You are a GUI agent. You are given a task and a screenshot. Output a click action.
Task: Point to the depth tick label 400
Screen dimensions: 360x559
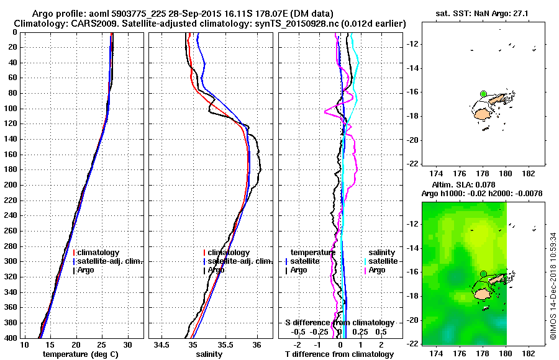click(11, 338)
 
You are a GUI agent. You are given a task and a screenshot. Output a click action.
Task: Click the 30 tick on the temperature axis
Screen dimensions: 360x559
click(127, 344)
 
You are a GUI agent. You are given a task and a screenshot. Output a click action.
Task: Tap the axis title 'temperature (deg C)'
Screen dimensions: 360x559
click(77, 354)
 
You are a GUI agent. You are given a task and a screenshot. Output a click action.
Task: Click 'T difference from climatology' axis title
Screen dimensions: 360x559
click(339, 354)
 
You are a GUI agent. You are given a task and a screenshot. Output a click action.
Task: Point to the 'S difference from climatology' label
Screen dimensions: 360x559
click(339, 323)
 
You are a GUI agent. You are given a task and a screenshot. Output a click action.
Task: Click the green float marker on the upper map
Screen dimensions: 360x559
click(483, 94)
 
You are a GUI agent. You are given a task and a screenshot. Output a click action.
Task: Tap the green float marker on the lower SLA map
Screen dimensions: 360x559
click(483, 274)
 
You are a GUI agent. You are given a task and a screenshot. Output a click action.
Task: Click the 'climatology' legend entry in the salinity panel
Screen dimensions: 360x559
click(229, 253)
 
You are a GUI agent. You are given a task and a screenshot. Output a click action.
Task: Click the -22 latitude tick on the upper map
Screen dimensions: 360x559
click(413, 164)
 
